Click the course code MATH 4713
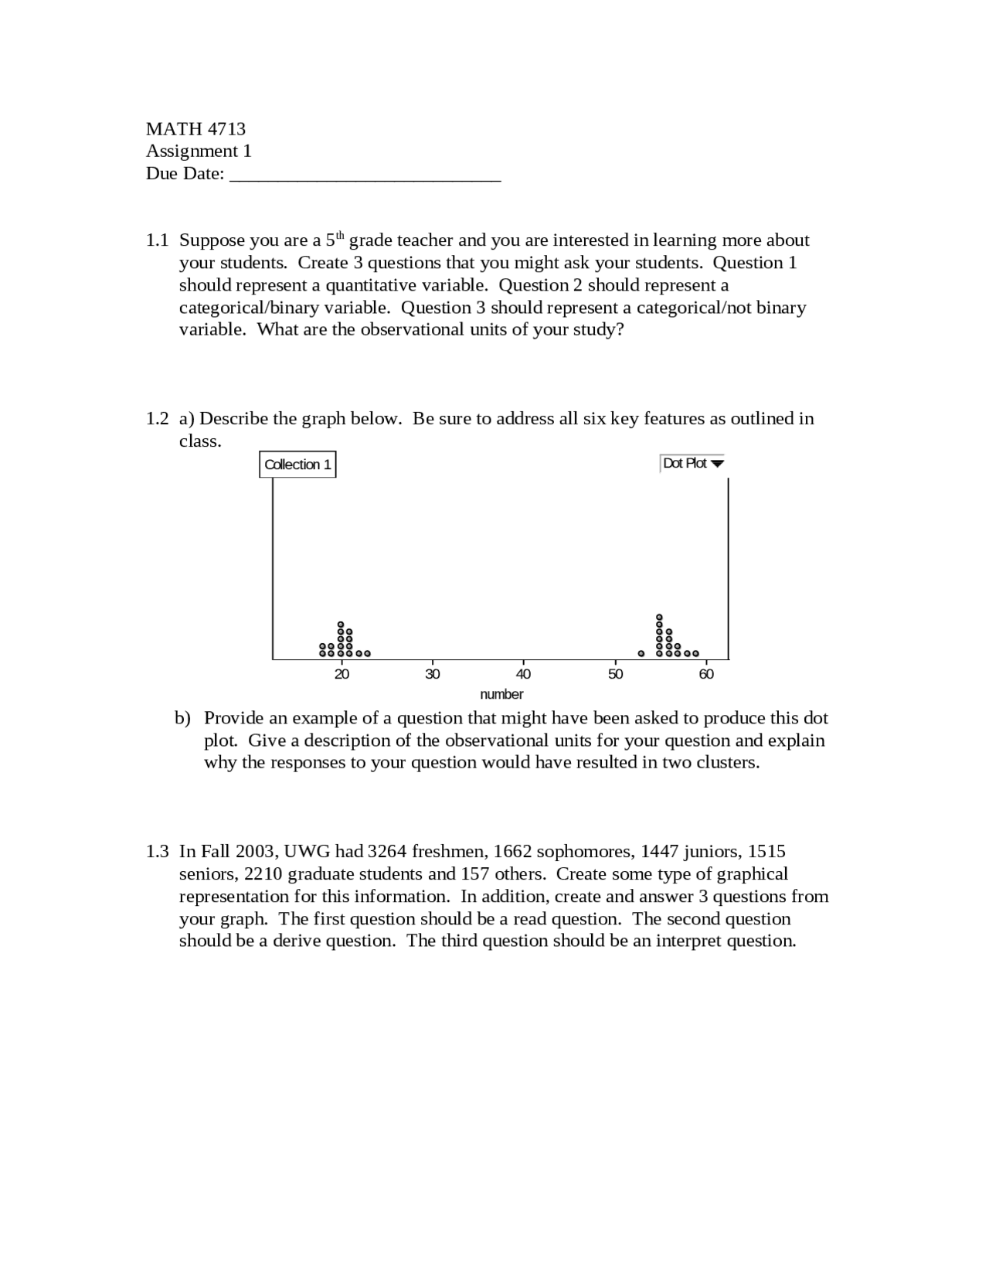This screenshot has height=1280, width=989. (195, 129)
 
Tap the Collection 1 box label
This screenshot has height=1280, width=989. (297, 465)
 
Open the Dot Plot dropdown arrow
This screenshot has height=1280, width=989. (717, 464)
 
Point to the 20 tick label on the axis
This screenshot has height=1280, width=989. (342, 674)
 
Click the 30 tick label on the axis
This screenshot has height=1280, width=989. (433, 674)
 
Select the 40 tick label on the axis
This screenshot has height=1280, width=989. (524, 674)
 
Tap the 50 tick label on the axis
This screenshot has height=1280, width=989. (615, 674)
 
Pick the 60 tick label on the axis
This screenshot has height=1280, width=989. (706, 674)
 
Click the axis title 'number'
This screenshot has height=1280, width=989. (501, 694)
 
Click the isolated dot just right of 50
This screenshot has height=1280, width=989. (641, 653)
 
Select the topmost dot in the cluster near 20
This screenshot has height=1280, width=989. (340, 624)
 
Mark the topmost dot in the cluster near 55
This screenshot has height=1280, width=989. (659, 617)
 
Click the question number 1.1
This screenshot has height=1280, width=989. (157, 240)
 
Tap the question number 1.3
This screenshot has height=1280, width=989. (157, 852)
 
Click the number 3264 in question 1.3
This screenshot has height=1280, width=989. (386, 852)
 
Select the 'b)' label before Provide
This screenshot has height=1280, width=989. (182, 718)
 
